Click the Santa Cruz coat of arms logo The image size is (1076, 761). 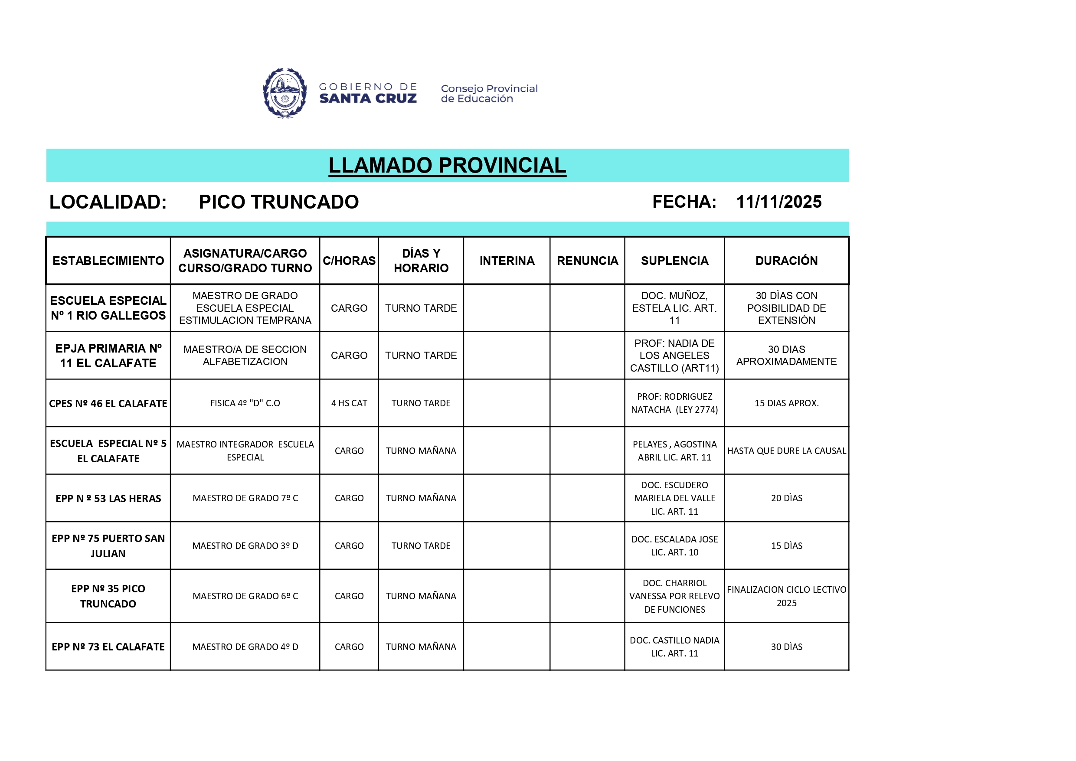coord(285,93)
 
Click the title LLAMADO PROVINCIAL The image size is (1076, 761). coord(447,165)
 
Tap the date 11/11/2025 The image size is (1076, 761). coord(778,202)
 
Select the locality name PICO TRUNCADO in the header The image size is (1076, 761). coord(278,202)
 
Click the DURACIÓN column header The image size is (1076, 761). coord(786,261)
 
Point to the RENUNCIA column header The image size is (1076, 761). coord(587,261)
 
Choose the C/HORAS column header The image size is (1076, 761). coord(349,261)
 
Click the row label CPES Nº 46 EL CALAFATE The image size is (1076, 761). coord(108,403)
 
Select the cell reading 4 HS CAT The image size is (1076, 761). coord(349,403)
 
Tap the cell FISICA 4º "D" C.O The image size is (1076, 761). coord(245,403)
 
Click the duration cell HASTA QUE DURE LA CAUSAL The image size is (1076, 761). coord(786,451)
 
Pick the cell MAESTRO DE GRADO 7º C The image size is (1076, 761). coord(245,498)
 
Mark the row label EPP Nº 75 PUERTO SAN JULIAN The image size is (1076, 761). coord(108,546)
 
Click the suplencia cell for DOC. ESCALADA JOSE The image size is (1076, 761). coord(674,546)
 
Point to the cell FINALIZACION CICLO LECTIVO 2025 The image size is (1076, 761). coord(786,596)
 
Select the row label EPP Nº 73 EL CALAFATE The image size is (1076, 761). coord(108,647)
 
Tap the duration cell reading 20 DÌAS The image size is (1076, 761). coord(786,498)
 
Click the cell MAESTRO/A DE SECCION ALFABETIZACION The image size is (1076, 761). coord(245,355)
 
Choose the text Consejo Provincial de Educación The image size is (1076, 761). coord(489,93)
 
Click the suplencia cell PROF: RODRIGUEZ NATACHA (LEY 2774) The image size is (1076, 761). coord(674,403)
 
